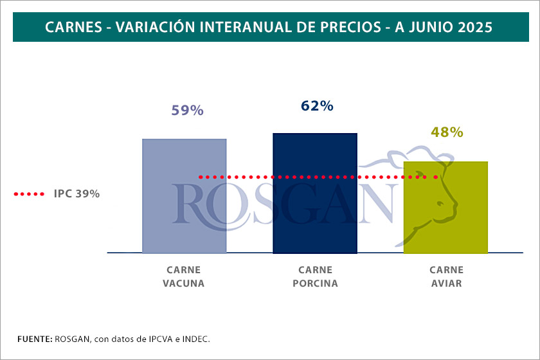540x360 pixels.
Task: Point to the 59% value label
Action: coord(187,111)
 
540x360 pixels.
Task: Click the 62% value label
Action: coord(317,106)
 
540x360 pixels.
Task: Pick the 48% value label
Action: coord(447,132)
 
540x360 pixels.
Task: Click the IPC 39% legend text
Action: coord(77,194)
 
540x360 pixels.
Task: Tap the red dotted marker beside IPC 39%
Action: coord(29,194)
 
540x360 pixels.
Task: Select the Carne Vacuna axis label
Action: coord(184,276)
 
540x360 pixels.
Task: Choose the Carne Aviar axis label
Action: coord(446,276)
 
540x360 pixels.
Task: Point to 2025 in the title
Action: coord(476,28)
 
